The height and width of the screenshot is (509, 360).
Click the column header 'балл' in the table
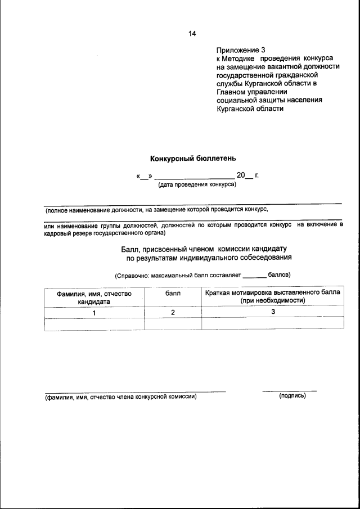tap(173, 294)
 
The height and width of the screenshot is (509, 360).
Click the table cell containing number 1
tap(94, 312)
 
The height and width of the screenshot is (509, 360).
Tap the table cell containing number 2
tap(173, 312)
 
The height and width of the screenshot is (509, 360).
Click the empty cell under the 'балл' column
tap(173, 323)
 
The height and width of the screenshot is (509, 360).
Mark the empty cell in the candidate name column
tap(94, 323)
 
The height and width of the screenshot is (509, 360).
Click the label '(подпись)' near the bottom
tap(292, 396)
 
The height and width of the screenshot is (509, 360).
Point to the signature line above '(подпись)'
tap(289, 390)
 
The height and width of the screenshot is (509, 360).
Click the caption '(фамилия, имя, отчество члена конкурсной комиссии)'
tap(121, 397)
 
